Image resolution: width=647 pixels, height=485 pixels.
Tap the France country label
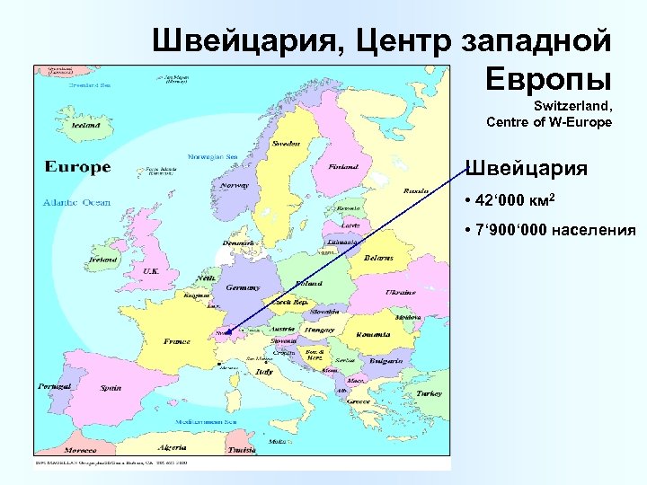pyautogui.click(x=176, y=341)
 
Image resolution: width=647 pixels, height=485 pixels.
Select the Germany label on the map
pyautogui.click(x=242, y=287)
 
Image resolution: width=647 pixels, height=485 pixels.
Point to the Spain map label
pyautogui.click(x=111, y=388)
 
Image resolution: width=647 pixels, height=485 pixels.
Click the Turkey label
pyautogui.click(x=429, y=393)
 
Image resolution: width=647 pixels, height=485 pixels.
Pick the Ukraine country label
pyautogui.click(x=400, y=292)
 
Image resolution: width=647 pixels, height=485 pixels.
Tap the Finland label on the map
pyautogui.click(x=342, y=166)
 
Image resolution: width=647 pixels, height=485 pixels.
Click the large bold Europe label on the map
pyautogui.click(x=77, y=166)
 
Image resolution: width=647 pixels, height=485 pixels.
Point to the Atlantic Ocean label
pyautogui.click(x=76, y=202)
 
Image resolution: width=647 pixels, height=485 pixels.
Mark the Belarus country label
pyautogui.click(x=378, y=258)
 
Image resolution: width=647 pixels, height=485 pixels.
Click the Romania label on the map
pyautogui.click(x=372, y=334)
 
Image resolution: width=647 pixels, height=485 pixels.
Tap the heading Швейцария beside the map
pyautogui.click(x=526, y=168)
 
